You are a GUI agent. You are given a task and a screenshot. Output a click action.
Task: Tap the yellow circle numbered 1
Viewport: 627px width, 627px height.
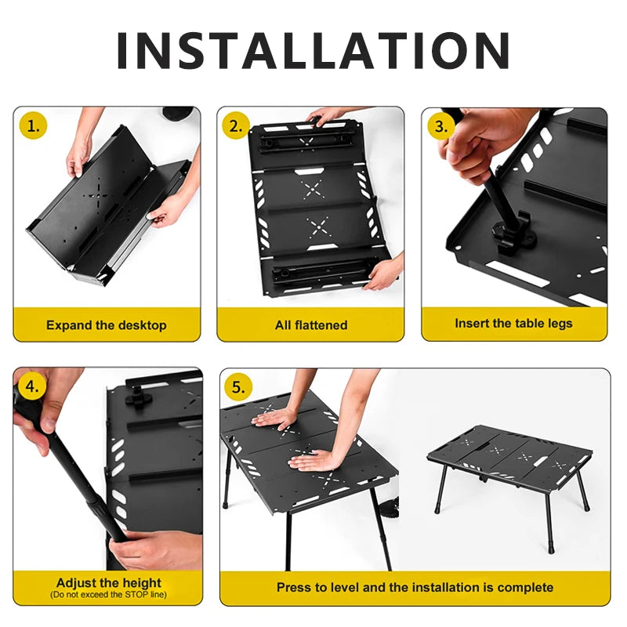[x=31, y=125]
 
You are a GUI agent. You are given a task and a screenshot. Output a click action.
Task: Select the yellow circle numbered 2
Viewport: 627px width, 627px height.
[x=235, y=125]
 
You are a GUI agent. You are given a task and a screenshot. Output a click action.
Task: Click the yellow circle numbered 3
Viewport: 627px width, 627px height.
[x=440, y=125]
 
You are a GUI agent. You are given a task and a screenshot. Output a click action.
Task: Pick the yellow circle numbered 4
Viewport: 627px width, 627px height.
[x=31, y=386]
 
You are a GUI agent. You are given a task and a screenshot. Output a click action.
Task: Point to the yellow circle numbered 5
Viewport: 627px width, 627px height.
[x=239, y=386]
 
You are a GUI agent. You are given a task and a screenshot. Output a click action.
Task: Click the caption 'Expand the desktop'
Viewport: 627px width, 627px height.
[x=107, y=324]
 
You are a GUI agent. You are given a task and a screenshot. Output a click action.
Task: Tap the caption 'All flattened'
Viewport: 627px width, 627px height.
[x=311, y=324]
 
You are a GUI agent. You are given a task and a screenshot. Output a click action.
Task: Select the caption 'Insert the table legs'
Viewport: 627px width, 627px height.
[x=513, y=323]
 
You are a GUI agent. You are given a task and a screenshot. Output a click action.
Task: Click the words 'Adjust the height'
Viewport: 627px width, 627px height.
[x=109, y=582]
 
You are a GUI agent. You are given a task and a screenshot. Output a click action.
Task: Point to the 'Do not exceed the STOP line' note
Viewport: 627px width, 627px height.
[x=109, y=595]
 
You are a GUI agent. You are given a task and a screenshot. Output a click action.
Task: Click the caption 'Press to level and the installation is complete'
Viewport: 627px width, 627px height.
[x=415, y=587]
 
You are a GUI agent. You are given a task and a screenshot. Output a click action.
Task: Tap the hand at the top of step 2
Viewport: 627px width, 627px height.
[x=328, y=116]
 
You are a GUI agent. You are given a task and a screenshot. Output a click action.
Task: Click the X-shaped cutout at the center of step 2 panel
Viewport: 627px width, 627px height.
[x=313, y=188]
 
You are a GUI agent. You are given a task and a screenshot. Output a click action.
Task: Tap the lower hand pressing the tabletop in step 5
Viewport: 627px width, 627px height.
[x=317, y=460]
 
